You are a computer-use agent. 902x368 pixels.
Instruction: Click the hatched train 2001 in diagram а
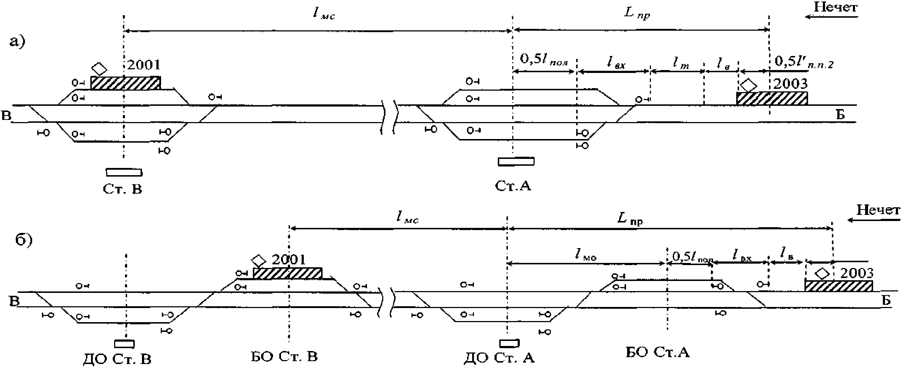tap(125, 83)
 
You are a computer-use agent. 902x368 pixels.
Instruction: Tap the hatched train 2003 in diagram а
tap(772, 98)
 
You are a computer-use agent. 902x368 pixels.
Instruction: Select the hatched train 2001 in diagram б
tap(287, 273)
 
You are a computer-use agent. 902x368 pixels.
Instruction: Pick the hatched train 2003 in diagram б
tap(838, 286)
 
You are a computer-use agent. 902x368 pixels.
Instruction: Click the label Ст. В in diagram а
tap(122, 189)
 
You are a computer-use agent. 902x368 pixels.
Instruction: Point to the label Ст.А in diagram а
tap(513, 186)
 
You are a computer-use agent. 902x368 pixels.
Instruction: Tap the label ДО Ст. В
tap(117, 359)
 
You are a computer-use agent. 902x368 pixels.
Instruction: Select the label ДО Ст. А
tap(499, 358)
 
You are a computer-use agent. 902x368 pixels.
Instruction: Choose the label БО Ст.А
tap(657, 352)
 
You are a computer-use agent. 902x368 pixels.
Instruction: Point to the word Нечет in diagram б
tap(878, 210)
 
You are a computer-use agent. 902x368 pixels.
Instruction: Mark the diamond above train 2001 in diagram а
tap(99, 68)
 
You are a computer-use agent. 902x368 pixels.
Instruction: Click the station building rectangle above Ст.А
tap(516, 161)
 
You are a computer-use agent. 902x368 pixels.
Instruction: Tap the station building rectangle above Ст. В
tap(124, 172)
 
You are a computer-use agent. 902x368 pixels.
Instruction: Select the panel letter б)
tap(24, 240)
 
